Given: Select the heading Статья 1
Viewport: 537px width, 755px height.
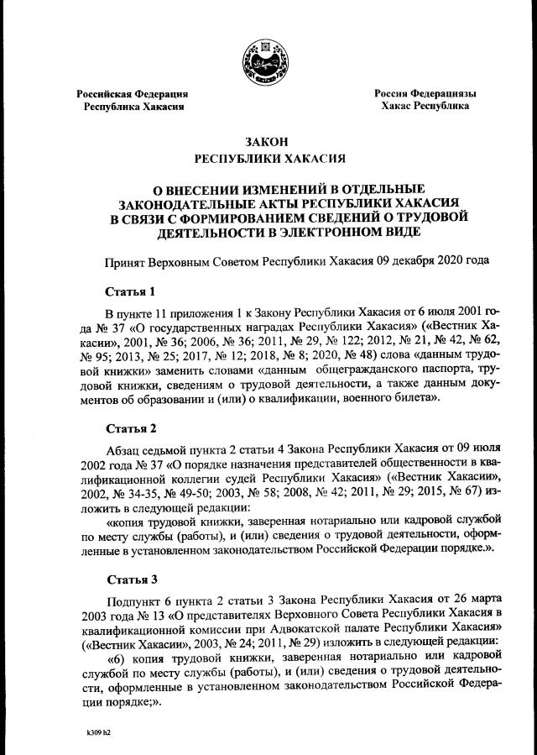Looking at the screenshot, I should pyautogui.click(x=130, y=292).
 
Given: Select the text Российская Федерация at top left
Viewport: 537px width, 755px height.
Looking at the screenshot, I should pyautogui.click(x=133, y=94).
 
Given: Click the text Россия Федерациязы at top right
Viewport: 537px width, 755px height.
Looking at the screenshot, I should pyautogui.click(x=425, y=93).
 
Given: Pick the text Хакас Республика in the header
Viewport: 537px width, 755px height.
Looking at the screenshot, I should pyautogui.click(x=425, y=107).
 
